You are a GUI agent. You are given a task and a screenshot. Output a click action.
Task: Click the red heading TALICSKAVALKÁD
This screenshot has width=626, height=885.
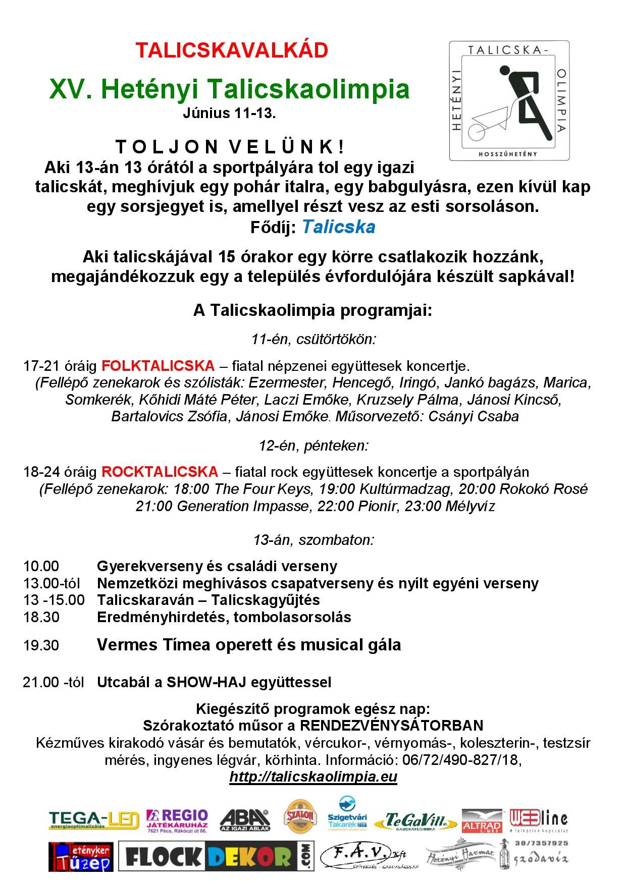point(232,50)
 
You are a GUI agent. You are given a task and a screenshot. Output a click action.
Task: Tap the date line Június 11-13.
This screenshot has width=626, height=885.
point(229,114)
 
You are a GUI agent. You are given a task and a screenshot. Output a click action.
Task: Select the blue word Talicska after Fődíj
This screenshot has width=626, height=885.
point(338,227)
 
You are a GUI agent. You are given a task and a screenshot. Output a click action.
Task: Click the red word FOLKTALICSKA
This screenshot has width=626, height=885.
point(158,365)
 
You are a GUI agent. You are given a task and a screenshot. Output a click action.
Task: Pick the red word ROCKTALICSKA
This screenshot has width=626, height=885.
point(160,472)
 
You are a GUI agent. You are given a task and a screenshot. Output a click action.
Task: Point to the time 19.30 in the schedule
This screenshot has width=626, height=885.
point(41,645)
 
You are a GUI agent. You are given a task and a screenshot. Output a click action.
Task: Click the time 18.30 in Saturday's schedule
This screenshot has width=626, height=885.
point(41,617)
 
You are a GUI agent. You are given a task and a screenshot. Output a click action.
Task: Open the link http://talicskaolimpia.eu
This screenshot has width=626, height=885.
point(313,777)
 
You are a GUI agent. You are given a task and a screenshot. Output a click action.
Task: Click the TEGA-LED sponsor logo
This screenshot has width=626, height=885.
point(94,820)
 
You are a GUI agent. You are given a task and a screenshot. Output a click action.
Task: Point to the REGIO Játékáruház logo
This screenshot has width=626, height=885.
point(177,820)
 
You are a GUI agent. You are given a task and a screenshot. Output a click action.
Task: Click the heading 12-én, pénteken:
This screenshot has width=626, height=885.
point(314,446)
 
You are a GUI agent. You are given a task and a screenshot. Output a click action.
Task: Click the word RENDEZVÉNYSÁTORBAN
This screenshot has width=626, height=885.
point(392,726)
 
